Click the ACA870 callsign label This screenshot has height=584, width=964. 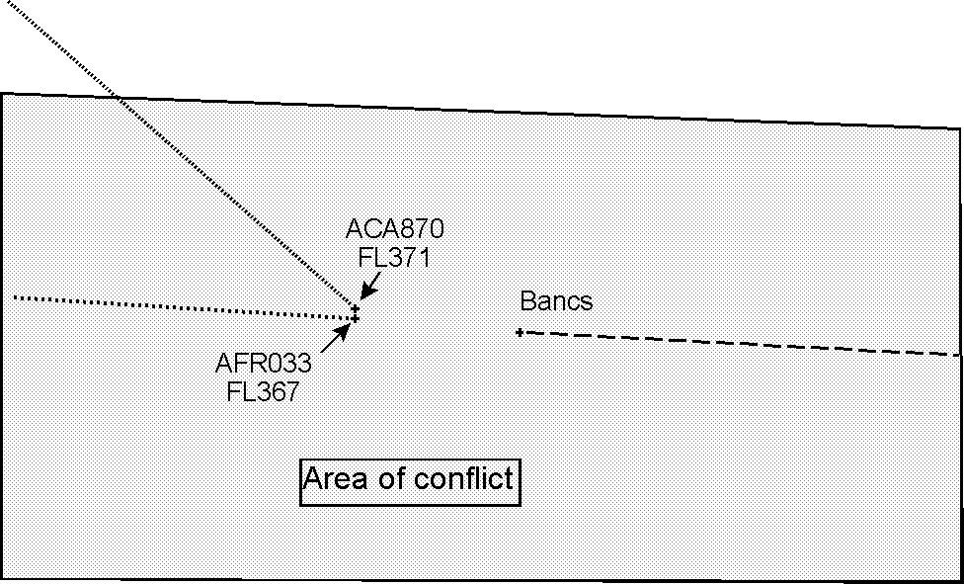[x=395, y=229]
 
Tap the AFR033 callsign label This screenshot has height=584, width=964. [x=264, y=362]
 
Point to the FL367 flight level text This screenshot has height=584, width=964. [x=264, y=390]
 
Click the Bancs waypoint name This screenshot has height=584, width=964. [x=557, y=300]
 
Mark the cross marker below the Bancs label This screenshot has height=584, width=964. [x=520, y=332]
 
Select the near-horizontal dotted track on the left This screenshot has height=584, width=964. [x=178, y=305]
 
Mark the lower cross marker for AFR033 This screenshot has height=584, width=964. [x=355, y=318]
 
